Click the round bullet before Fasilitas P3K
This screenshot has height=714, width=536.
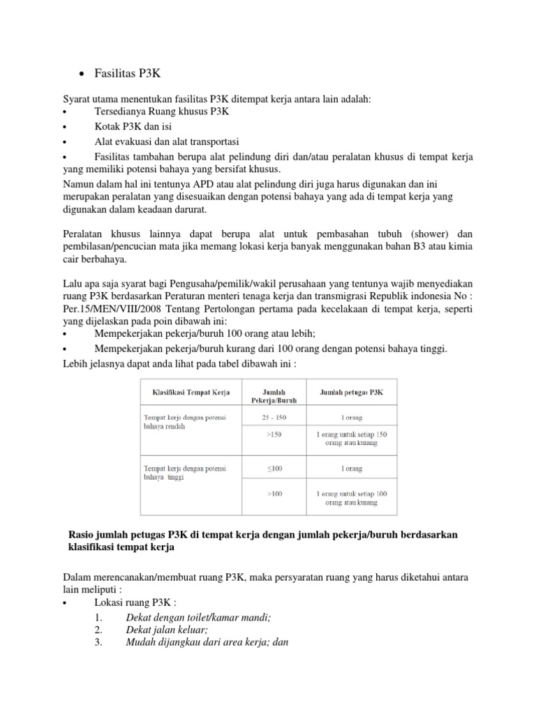coord(83,75)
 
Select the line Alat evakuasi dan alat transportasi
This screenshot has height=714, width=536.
coord(167,142)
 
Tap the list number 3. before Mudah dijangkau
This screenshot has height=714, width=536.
coord(98,643)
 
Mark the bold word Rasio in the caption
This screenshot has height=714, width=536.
coord(82,534)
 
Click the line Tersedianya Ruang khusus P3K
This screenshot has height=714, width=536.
coord(162,112)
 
